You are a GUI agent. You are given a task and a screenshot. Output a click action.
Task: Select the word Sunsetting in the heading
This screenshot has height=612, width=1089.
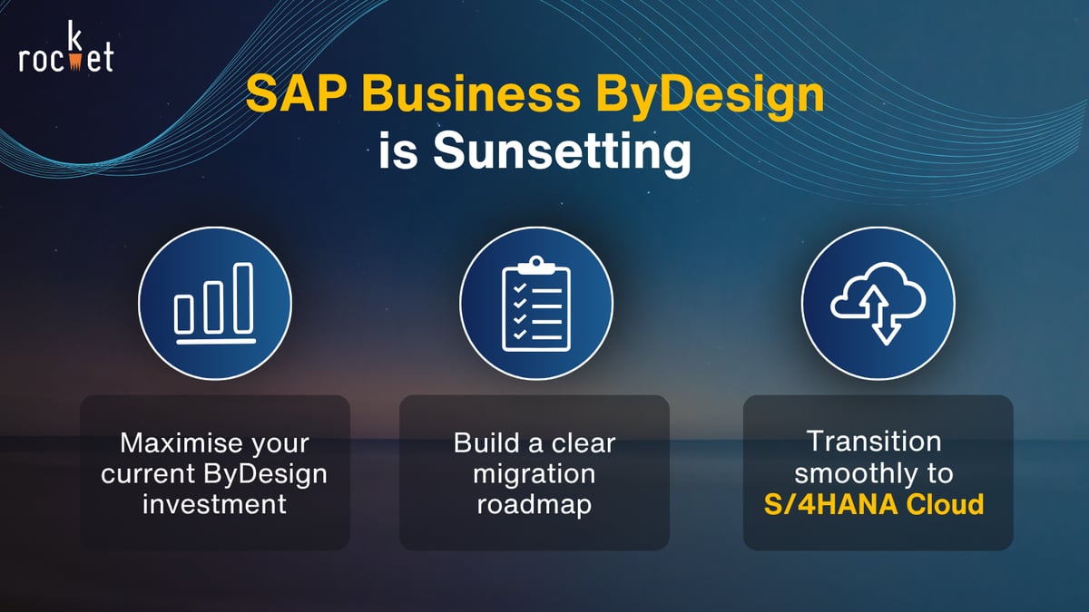[563, 151]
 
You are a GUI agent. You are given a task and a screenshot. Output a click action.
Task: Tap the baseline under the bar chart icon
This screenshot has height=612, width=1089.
[215, 342]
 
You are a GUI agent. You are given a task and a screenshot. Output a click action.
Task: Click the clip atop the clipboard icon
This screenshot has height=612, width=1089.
[536, 264]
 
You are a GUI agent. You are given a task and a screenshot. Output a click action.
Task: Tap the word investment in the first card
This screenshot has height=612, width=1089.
[215, 504]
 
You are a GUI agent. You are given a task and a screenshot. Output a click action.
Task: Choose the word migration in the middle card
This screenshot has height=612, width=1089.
[535, 474]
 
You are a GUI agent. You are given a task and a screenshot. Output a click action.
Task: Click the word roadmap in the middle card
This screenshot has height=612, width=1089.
[535, 504]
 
